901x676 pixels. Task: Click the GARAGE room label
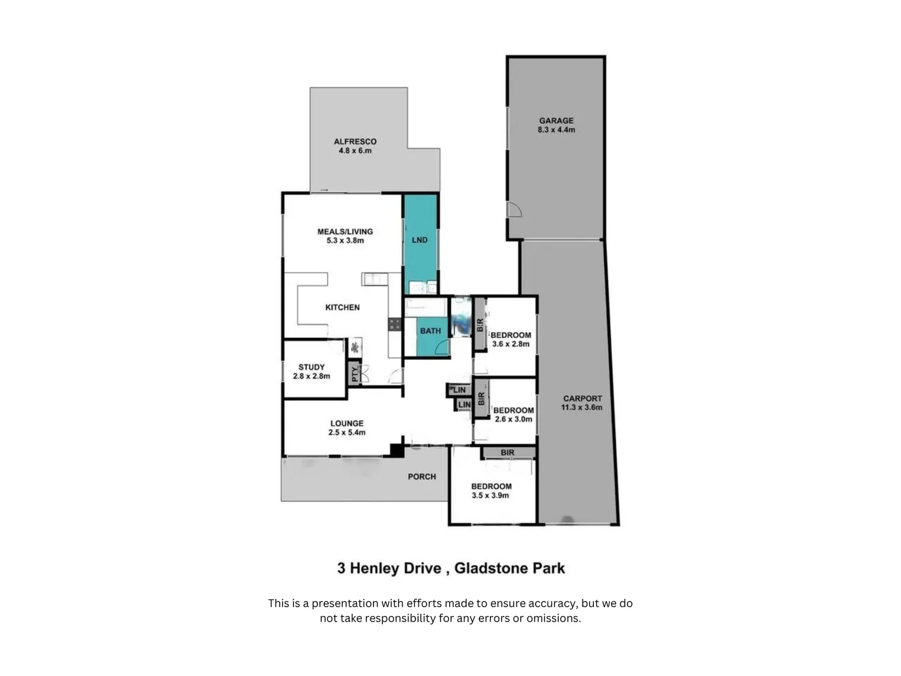pyautogui.click(x=556, y=120)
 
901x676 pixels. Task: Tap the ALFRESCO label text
pyautogui.click(x=355, y=141)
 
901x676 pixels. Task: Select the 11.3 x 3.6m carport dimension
pyautogui.click(x=581, y=407)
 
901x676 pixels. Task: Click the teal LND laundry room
pyautogui.click(x=420, y=240)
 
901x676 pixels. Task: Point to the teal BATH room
pyautogui.click(x=430, y=331)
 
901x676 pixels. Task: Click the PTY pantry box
pyautogui.click(x=355, y=374)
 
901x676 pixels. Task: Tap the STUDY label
pyautogui.click(x=312, y=367)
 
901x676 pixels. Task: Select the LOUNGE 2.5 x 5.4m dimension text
pyautogui.click(x=347, y=433)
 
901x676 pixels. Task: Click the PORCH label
pyautogui.click(x=422, y=476)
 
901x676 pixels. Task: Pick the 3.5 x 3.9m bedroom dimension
pyautogui.click(x=491, y=495)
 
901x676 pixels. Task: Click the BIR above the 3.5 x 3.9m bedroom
pyautogui.click(x=507, y=453)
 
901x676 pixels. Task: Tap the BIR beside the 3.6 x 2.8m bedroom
pyautogui.click(x=480, y=324)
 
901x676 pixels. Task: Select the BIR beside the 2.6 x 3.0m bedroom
pyautogui.click(x=481, y=397)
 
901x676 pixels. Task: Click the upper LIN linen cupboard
pyautogui.click(x=459, y=390)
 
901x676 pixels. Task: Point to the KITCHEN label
pyautogui.click(x=342, y=307)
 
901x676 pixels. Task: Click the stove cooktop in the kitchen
pyautogui.click(x=394, y=324)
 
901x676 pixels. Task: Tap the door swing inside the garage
pyautogui.click(x=513, y=210)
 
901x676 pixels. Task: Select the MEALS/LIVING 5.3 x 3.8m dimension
pyautogui.click(x=345, y=240)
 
